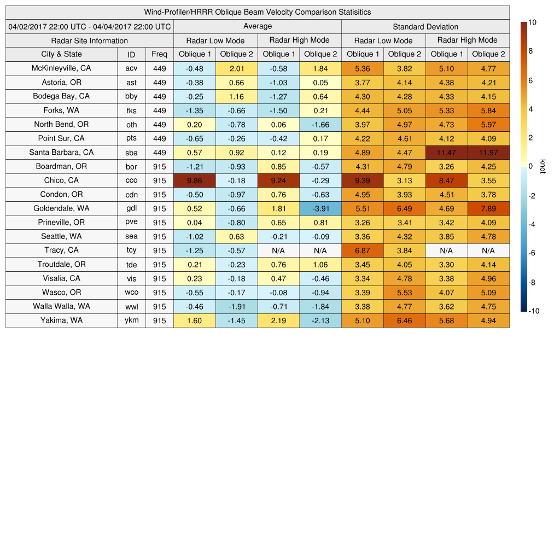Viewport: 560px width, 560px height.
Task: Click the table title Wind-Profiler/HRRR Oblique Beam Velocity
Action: click(258, 12)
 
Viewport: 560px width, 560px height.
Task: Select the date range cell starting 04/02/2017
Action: click(90, 26)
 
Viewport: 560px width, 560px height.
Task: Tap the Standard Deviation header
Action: click(425, 26)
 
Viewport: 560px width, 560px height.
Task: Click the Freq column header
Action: click(160, 54)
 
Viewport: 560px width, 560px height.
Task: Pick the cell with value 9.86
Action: click(195, 180)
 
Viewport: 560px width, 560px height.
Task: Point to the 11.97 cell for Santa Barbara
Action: click(488, 153)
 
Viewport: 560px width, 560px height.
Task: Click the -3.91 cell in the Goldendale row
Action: click(320, 208)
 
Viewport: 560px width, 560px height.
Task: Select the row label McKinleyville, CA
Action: click(61, 68)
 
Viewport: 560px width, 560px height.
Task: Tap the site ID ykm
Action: click(131, 321)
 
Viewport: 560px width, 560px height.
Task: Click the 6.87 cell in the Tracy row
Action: click(363, 250)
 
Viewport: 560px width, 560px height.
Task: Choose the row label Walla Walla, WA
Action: click(61, 307)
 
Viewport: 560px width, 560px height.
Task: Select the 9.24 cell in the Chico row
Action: click(278, 180)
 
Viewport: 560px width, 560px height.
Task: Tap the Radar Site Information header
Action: click(90, 40)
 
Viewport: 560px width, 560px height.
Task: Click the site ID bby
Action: click(131, 97)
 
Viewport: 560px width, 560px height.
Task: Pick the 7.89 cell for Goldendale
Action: click(488, 208)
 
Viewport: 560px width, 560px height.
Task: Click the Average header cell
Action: click(258, 26)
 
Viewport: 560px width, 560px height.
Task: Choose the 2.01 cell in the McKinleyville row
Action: click(236, 68)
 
